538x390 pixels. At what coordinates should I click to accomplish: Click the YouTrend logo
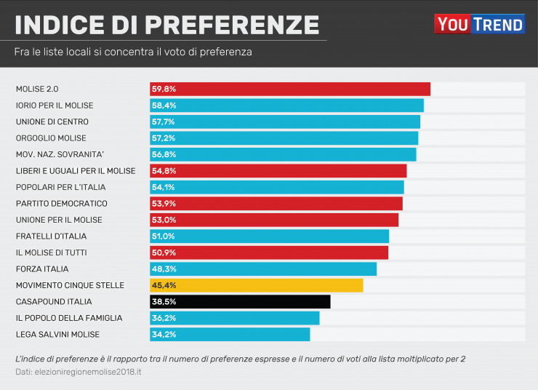(x=479, y=24)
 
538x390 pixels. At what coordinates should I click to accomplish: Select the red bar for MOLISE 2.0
(x=290, y=89)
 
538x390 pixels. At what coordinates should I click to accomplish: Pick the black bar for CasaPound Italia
(x=240, y=301)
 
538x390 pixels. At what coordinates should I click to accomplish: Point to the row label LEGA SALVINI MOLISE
(x=57, y=334)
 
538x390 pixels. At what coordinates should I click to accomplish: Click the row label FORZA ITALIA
(x=42, y=268)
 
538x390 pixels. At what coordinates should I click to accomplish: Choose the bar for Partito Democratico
(x=276, y=203)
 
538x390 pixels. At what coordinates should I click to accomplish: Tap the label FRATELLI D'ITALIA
(x=51, y=236)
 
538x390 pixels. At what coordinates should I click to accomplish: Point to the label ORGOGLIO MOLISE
(x=51, y=138)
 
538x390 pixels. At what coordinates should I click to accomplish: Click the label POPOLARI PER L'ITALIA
(x=60, y=187)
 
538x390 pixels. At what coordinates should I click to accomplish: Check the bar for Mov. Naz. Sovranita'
(x=283, y=154)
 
